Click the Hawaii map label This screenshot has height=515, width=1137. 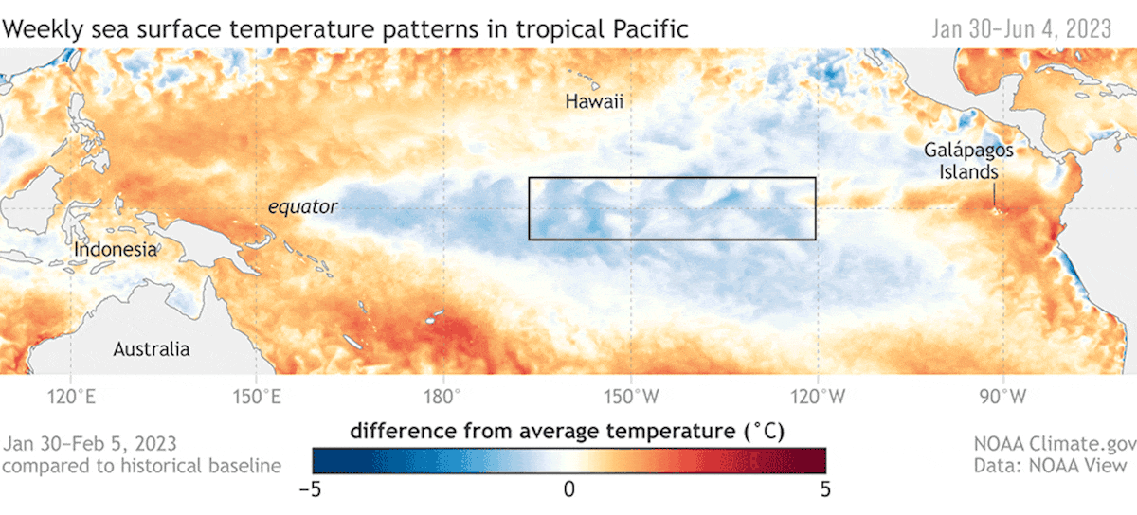pyautogui.click(x=594, y=101)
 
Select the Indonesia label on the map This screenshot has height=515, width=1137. pyautogui.click(x=114, y=250)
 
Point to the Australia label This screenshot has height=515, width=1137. pyautogui.click(x=152, y=349)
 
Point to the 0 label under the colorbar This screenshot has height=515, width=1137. pyautogui.click(x=568, y=489)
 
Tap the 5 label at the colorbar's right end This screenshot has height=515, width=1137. pyautogui.click(x=825, y=489)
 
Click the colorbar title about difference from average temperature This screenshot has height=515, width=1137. pyautogui.click(x=568, y=432)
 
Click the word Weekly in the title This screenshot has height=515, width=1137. pyautogui.click(x=39, y=29)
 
